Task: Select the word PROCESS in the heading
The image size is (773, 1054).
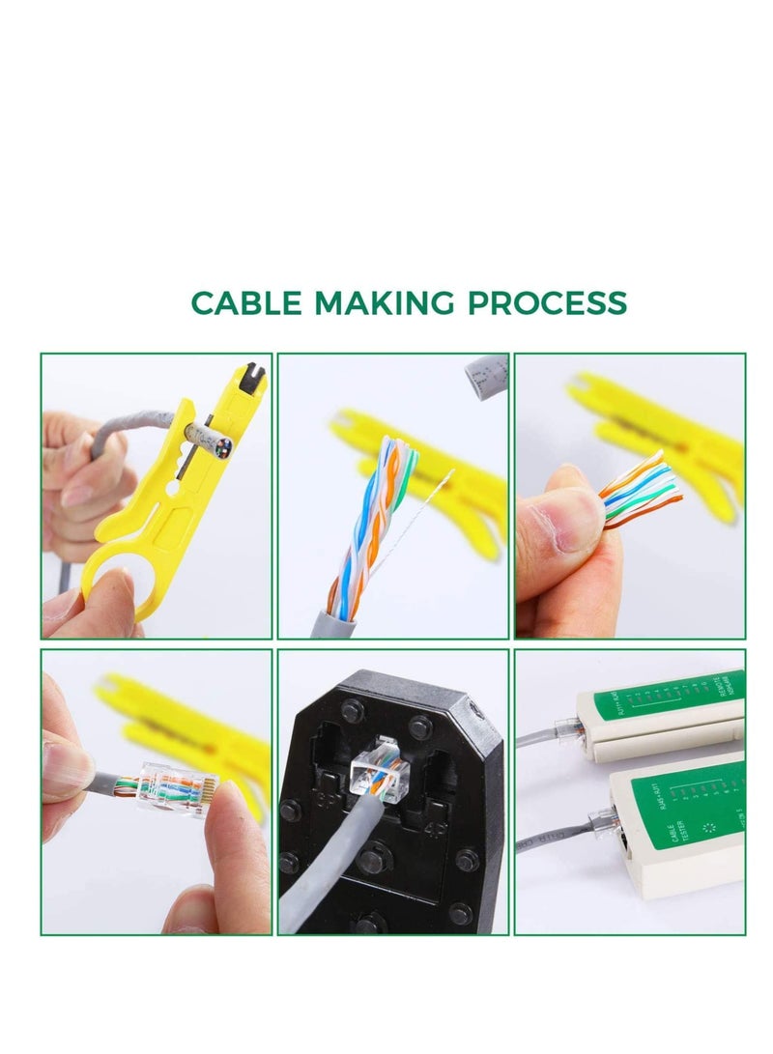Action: (547, 303)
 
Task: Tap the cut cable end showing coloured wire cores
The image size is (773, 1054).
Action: (219, 445)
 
